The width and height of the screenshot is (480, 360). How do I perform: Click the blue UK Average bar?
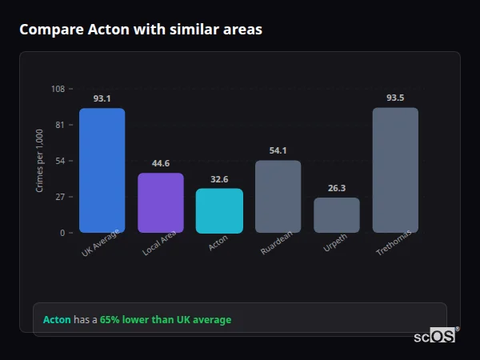pos(102,170)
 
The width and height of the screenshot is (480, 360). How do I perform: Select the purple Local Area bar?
pos(161,203)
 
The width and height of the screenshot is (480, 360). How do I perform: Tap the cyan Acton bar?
pos(219,210)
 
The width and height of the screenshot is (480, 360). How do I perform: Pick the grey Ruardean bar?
pos(278,197)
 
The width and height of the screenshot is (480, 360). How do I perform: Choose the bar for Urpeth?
pos(337,215)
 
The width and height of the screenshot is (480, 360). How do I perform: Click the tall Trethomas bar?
pos(395,170)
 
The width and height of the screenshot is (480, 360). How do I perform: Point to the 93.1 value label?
pos(102,98)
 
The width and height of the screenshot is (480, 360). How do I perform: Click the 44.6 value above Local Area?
pos(161,163)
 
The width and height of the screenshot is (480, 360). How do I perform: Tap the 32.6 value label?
pos(219,179)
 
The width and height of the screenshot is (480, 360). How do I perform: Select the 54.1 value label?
pos(278,150)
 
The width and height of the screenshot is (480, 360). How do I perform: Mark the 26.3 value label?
pos(337,188)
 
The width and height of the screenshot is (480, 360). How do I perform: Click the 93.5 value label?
pos(395,98)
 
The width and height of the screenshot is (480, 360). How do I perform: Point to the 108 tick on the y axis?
pos(58,89)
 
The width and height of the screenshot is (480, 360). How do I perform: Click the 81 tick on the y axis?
pos(60,125)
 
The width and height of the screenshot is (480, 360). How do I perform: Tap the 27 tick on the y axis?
pos(60,197)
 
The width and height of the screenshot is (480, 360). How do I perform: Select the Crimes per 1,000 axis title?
pos(39,161)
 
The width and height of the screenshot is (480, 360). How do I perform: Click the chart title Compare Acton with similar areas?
pos(141,30)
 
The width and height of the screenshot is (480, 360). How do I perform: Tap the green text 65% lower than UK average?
pos(166,320)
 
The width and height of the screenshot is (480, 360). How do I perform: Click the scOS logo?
pos(435,337)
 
